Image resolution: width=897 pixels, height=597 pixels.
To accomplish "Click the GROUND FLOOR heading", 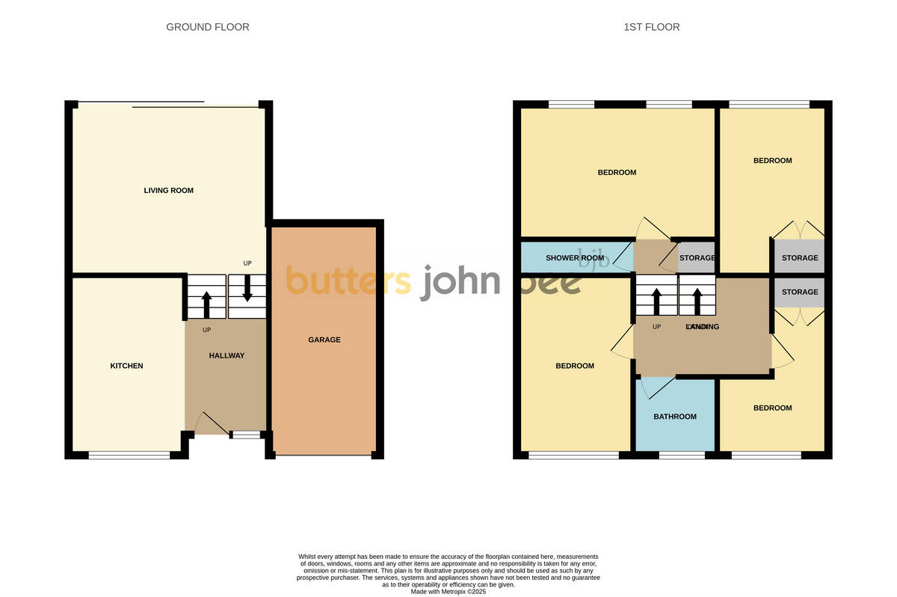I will click(208, 27).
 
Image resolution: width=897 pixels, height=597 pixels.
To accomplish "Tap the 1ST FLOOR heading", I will click(652, 27).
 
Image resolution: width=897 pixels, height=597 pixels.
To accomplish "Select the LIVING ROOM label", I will click(169, 191).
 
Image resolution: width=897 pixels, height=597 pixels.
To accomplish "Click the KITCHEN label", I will click(126, 366).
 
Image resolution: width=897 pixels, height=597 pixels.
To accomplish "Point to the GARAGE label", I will click(324, 340).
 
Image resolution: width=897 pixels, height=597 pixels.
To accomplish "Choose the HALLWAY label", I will click(226, 355).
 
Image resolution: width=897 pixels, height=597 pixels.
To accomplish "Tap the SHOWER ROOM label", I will click(574, 258).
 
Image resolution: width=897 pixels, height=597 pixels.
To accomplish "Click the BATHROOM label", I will click(675, 417).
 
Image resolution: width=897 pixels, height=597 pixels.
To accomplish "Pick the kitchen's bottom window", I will click(129, 455).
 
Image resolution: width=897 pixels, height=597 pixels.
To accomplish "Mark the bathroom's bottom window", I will click(682, 455).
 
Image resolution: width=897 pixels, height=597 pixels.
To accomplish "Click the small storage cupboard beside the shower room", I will click(697, 258).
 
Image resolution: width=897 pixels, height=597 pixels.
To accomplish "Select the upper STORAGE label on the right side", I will click(800, 258).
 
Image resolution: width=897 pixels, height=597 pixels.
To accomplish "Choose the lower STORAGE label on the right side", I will click(800, 292).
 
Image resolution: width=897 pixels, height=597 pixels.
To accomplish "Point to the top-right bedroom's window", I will click(769, 105).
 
